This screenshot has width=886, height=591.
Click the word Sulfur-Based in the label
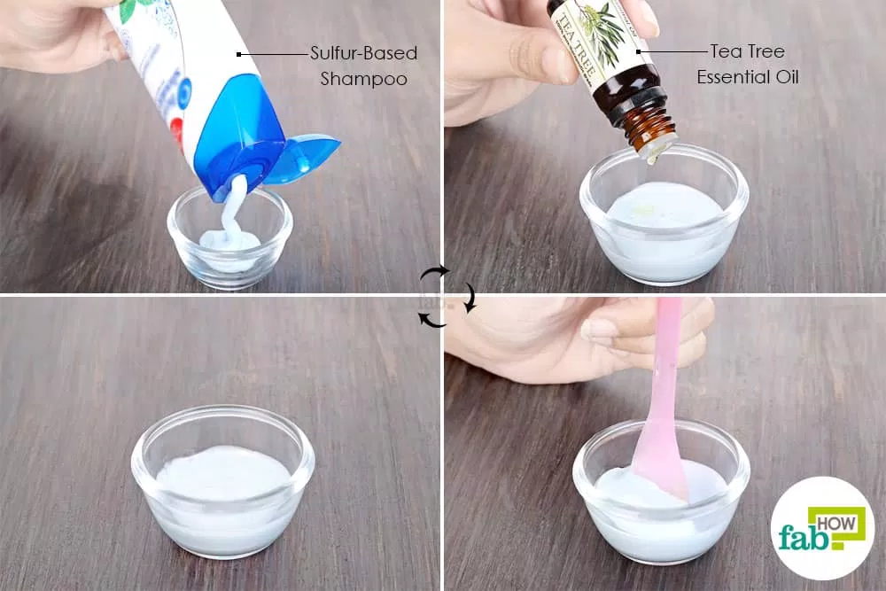point(363,54)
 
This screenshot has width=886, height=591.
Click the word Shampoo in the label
point(363,79)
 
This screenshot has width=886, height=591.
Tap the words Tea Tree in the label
point(747,51)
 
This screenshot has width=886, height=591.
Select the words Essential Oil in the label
point(747,77)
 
